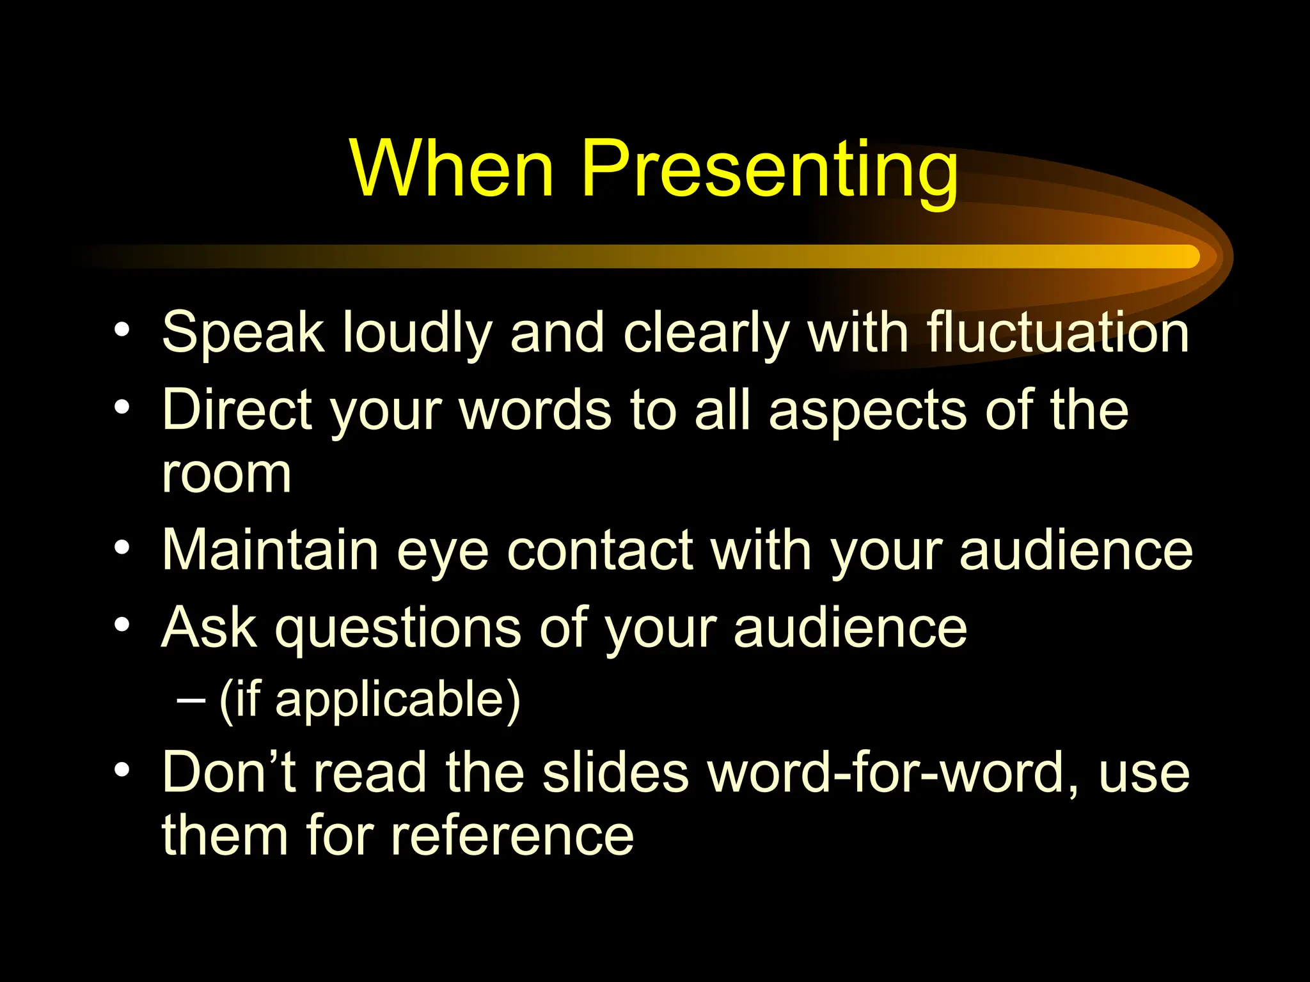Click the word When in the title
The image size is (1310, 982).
pos(452,169)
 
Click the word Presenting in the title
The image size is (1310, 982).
pos(769,171)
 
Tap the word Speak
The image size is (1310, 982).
pos(243,332)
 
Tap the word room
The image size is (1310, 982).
pos(226,474)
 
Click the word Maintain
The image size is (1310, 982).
pos(270,550)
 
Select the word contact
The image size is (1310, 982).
pos(601,550)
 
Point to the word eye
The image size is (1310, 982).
pos(443,554)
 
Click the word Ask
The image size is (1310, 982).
pos(209,628)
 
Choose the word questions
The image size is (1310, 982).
pos(398,630)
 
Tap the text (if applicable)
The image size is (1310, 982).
pos(370,701)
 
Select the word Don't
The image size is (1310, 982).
pos(230,772)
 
